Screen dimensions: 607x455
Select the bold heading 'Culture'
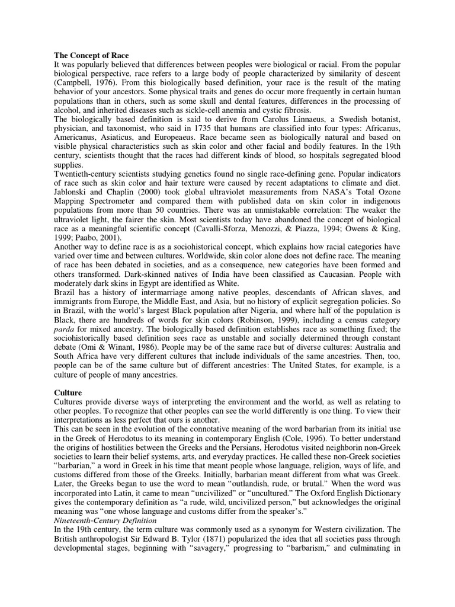coord(69,392)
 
